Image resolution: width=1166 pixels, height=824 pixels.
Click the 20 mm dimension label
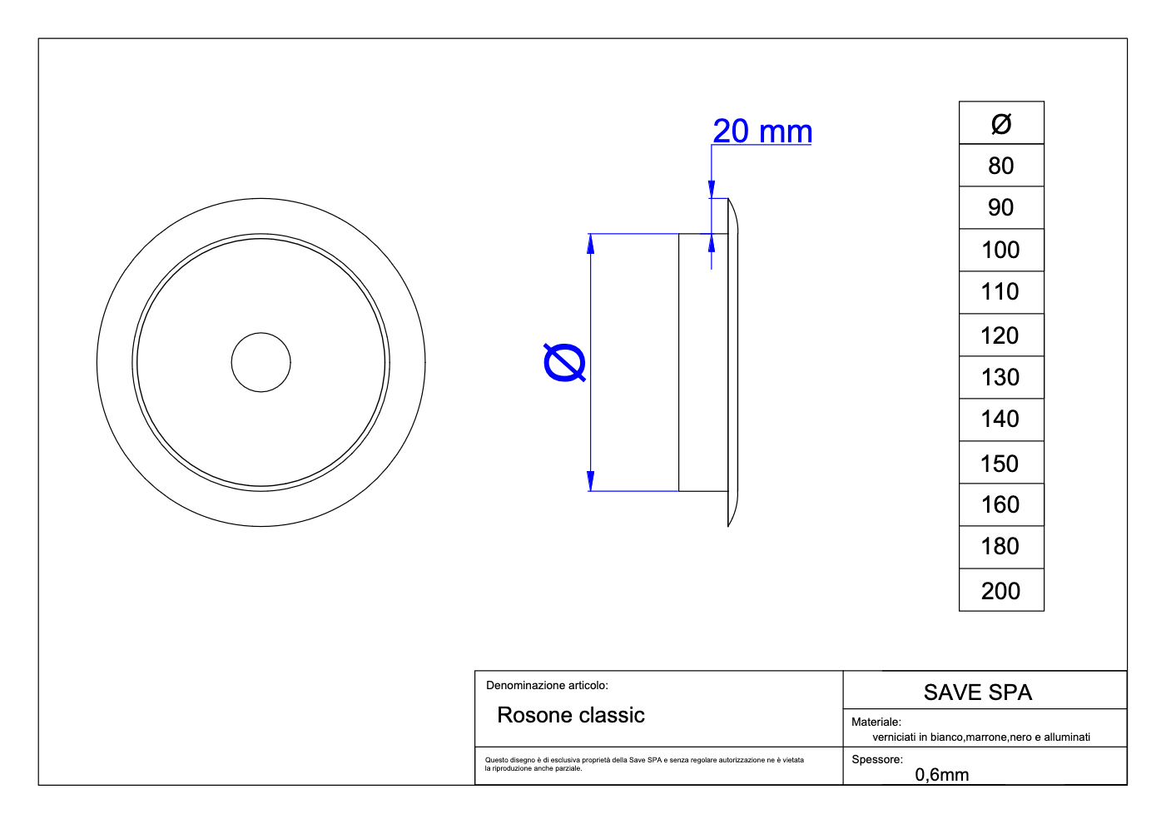coord(762,132)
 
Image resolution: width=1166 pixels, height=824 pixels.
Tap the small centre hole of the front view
coord(260,362)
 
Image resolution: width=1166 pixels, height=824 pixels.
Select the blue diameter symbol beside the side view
coord(564,363)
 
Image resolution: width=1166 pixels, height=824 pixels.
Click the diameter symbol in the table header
coord(1001,124)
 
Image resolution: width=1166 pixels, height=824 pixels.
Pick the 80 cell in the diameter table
coord(1001,166)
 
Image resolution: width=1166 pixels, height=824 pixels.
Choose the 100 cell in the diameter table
coord(1001,250)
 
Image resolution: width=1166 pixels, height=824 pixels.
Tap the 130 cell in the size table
coord(1001,377)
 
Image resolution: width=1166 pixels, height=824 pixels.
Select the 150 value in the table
coord(1001,463)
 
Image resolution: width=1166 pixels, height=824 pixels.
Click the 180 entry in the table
coord(1001,546)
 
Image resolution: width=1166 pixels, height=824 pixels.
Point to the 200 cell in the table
coord(1001,591)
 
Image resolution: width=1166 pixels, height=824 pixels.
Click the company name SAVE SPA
coord(977,692)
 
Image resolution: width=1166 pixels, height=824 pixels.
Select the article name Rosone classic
coord(571,715)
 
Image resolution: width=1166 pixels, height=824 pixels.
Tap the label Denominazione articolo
coord(547,686)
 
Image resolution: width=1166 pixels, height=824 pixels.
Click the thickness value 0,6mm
coord(942,775)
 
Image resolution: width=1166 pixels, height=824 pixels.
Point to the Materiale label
coord(876,722)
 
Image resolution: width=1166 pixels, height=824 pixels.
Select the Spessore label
coord(876,759)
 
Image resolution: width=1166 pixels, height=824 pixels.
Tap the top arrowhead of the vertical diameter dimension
coord(590,243)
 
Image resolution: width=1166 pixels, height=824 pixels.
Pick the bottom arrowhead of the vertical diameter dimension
coord(590,481)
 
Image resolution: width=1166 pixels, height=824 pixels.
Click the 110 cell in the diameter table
coord(1001,291)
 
